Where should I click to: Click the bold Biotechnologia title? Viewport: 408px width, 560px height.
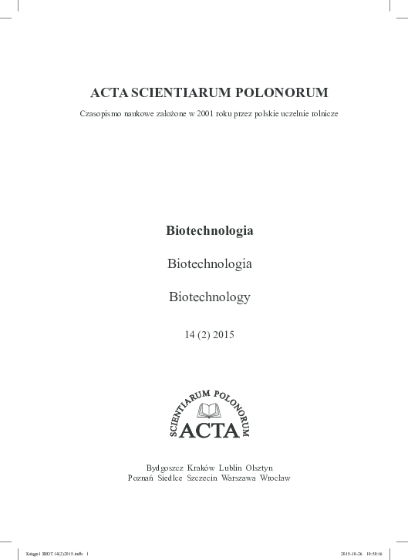click(210, 230)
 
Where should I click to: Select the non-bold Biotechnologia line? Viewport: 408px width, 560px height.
click(210, 263)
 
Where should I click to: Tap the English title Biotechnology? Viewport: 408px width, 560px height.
click(210, 296)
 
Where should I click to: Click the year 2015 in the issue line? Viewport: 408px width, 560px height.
click(221, 334)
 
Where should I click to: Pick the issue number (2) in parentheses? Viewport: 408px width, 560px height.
click(203, 334)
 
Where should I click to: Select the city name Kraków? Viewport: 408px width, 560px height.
click(203, 468)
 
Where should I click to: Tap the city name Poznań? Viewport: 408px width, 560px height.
click(143, 478)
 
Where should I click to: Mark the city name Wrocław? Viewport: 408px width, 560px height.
click(275, 478)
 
